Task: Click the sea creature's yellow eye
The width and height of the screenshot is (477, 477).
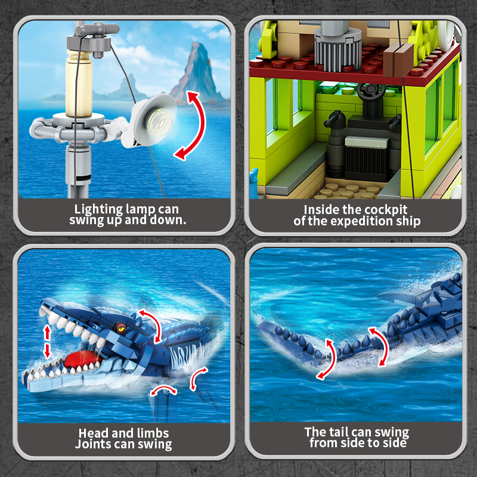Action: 121,327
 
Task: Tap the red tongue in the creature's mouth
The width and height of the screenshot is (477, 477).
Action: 82,358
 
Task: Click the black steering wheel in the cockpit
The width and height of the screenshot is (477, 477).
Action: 371,91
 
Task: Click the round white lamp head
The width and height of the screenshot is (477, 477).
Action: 154,120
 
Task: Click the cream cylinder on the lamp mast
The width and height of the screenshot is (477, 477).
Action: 79,84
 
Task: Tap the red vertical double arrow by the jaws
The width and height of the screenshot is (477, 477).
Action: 47,341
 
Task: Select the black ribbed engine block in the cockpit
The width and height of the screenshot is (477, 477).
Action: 367,158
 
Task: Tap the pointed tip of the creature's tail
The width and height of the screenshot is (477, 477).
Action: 259,326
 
